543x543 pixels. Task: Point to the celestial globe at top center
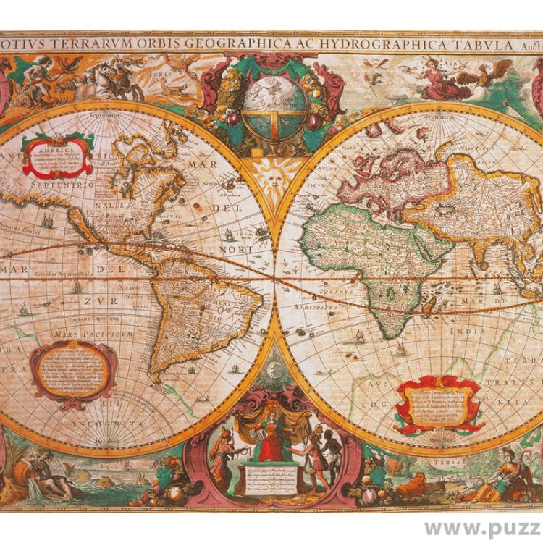point(274,109)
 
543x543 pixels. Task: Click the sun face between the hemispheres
point(274,174)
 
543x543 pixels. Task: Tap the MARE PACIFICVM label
point(101,334)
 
